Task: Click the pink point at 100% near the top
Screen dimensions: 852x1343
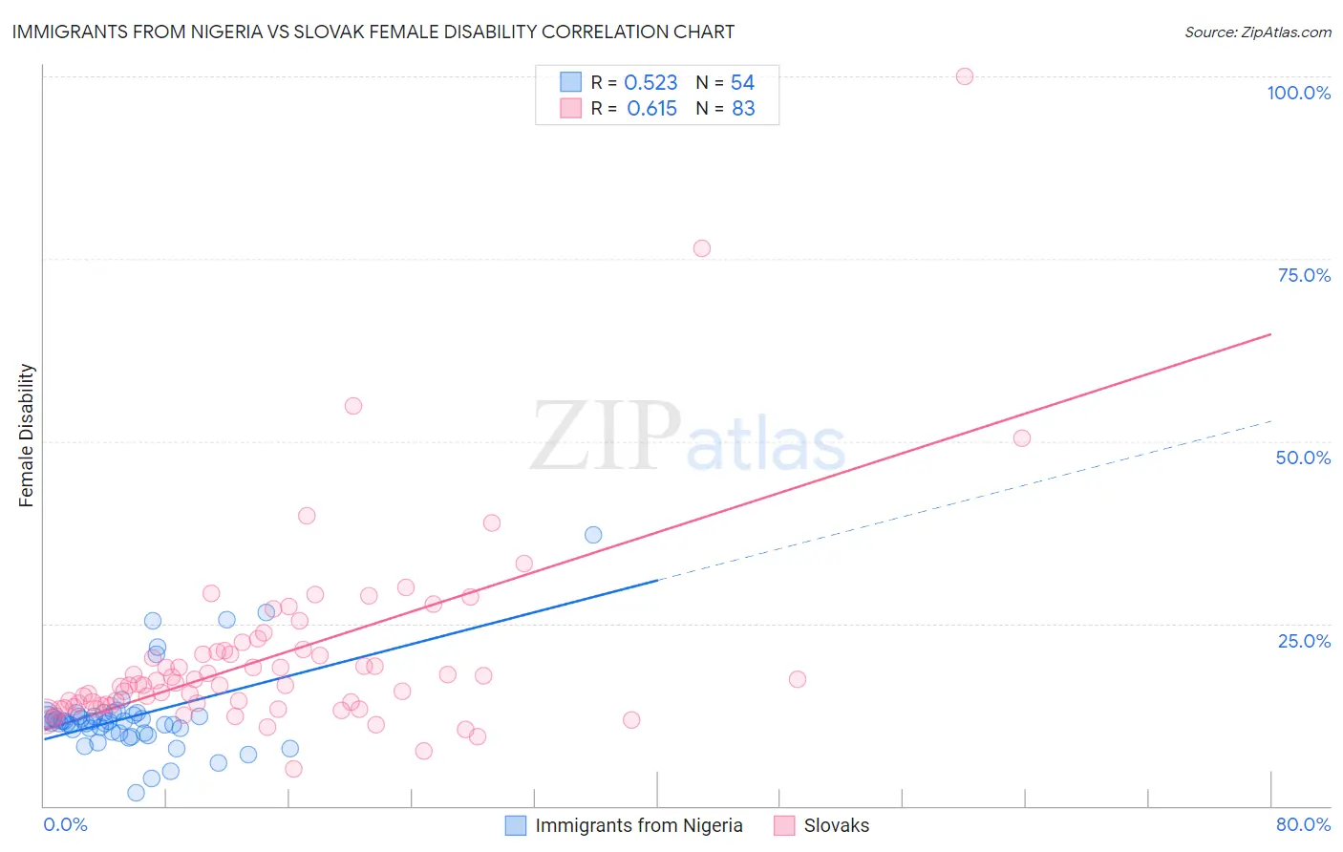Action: [965, 76]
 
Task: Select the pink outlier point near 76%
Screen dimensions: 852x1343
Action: [702, 248]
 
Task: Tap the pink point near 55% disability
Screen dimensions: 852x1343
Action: [353, 406]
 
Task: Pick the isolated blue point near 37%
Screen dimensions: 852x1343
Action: [593, 535]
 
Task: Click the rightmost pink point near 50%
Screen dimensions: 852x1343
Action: [1022, 438]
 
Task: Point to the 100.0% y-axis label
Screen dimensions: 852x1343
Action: [1298, 93]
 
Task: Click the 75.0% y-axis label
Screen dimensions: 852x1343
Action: [1304, 275]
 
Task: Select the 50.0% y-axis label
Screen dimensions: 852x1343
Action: [1303, 458]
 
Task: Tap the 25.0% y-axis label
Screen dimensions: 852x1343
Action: [1304, 641]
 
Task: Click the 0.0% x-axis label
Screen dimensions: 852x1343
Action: [65, 824]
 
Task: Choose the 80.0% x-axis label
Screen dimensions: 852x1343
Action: [1303, 824]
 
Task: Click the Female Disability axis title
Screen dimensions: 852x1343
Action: [27, 436]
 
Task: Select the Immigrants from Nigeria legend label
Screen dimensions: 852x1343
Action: [638, 825]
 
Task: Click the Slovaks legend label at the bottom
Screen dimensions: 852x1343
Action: [837, 825]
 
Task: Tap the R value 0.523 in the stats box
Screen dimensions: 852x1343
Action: [650, 83]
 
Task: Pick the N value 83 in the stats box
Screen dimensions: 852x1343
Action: [743, 109]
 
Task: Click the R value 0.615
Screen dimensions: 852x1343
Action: [651, 109]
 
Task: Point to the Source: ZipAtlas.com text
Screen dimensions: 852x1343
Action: [1257, 32]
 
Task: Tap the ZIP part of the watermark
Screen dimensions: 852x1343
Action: [606, 437]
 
